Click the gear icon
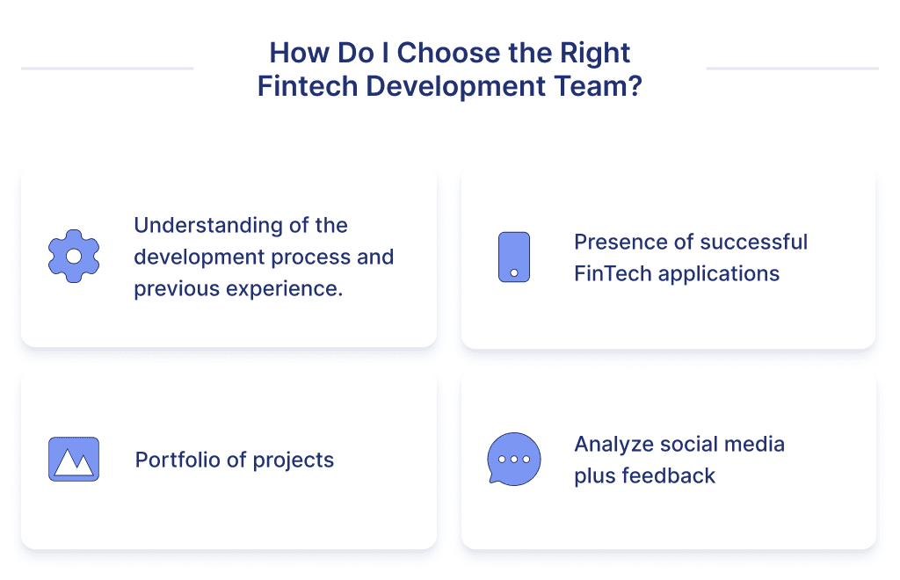[x=74, y=257]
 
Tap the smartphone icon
[x=513, y=257]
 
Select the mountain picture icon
[x=74, y=459]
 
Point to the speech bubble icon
[x=513, y=459]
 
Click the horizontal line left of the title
[x=107, y=69]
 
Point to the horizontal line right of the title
[x=792, y=69]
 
